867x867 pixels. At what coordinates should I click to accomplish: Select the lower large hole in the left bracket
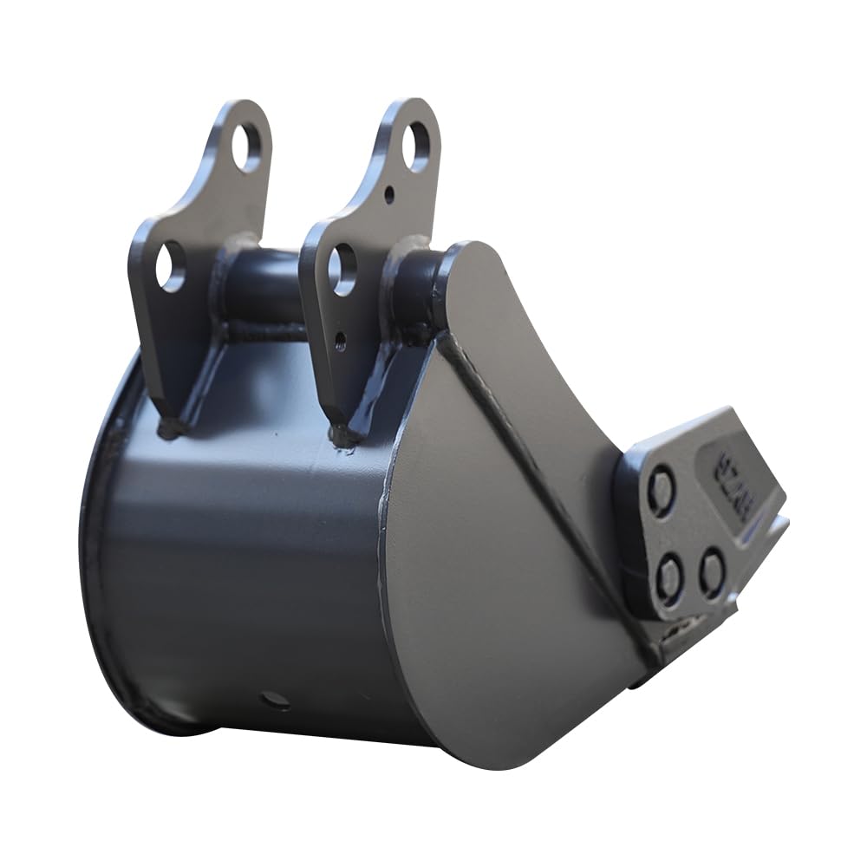click(171, 265)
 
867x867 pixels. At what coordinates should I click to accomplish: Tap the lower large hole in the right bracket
click(342, 270)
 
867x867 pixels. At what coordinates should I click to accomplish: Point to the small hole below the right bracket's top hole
click(389, 195)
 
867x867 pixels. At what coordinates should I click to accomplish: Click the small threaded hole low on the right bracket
click(340, 340)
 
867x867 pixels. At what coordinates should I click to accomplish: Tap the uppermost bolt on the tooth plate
click(662, 492)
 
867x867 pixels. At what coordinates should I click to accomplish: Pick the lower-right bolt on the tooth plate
click(712, 570)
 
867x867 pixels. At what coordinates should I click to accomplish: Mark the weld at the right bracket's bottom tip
click(342, 436)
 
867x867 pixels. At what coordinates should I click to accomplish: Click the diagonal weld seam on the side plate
click(529, 451)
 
